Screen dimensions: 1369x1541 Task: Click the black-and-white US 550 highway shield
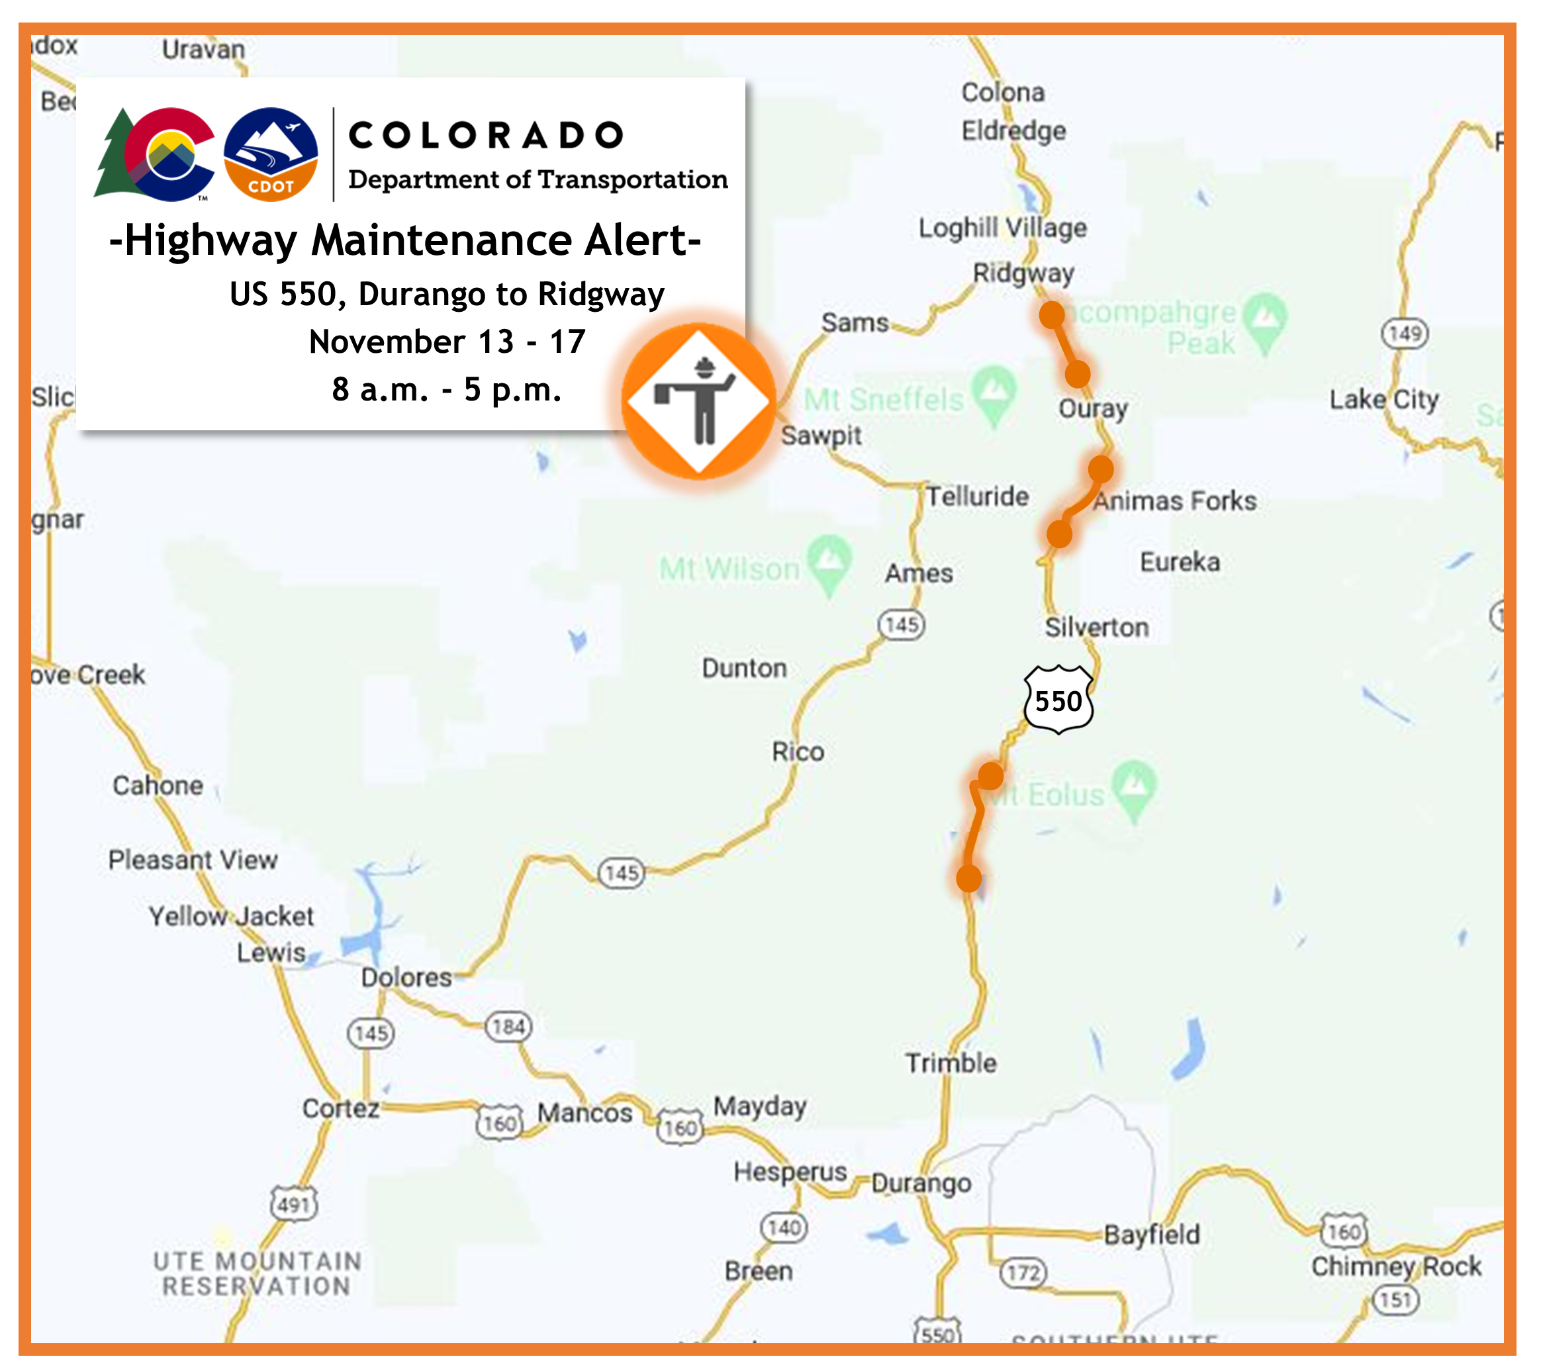click(x=1058, y=700)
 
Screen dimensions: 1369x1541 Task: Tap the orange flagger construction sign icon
click(x=699, y=401)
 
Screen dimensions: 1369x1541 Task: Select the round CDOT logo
click(x=271, y=154)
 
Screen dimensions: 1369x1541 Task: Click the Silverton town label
click(x=1096, y=627)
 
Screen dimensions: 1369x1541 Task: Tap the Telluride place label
click(x=977, y=496)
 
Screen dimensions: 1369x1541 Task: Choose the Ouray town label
click(x=1092, y=408)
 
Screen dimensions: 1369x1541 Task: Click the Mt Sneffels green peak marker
click(x=994, y=392)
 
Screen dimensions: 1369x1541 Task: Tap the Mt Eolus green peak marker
click(x=1135, y=787)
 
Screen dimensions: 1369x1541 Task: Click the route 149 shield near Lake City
click(x=1405, y=332)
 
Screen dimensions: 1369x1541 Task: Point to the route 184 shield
click(x=509, y=1026)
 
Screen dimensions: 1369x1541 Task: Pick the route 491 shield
click(x=294, y=1205)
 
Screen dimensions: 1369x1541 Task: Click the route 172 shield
click(x=1023, y=1273)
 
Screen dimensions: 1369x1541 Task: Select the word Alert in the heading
click(x=642, y=240)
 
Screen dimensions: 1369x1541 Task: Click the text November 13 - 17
click(x=447, y=342)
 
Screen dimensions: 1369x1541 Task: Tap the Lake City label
click(x=1383, y=400)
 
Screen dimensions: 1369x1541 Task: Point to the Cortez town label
click(x=341, y=1108)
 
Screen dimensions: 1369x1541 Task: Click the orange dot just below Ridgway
click(x=1052, y=314)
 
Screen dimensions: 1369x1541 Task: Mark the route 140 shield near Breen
click(x=784, y=1228)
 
